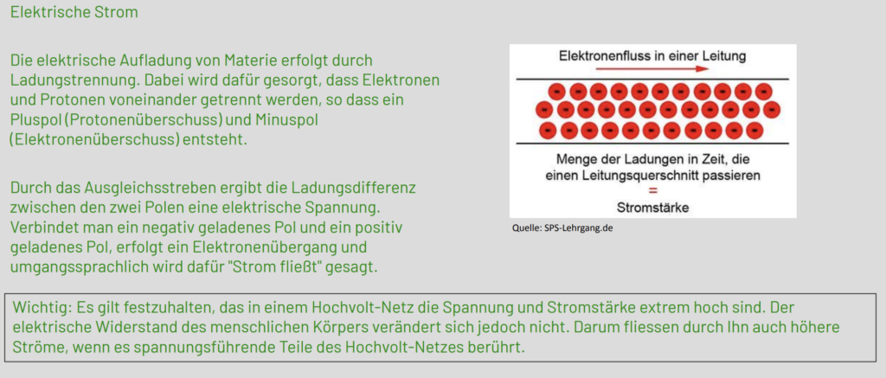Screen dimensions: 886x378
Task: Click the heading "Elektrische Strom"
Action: click(74, 12)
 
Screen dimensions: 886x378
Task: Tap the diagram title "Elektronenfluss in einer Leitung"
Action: click(652, 56)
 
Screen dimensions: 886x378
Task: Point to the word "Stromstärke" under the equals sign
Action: click(652, 208)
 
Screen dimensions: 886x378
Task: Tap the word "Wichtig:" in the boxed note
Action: click(36, 308)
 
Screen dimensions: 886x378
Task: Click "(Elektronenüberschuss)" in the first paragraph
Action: click(93, 138)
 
